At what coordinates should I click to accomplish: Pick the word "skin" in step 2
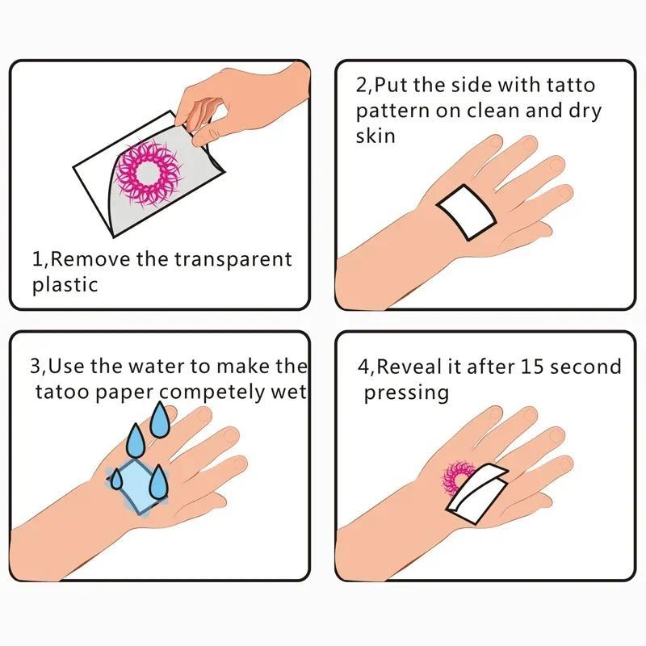[375, 135]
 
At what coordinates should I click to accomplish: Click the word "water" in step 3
[156, 366]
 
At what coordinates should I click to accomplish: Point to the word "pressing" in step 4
[405, 393]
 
